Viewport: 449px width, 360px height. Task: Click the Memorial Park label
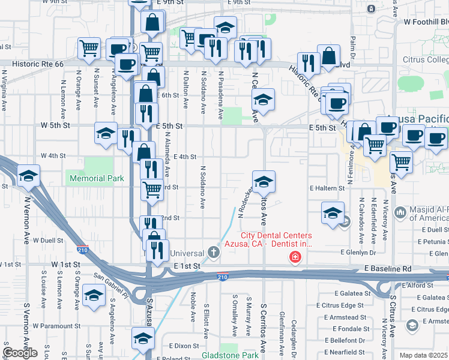(97, 178)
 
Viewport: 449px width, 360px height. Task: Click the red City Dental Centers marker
(295, 258)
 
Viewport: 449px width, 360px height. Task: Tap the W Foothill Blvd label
(426, 22)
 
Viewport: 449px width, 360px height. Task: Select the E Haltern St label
(327, 188)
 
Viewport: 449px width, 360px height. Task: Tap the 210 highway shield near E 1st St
(222, 277)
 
